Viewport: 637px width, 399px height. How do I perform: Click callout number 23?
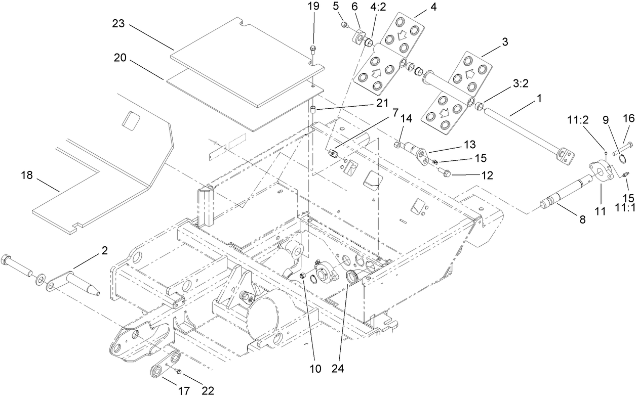click(x=120, y=24)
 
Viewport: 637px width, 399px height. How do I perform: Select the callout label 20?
click(x=120, y=59)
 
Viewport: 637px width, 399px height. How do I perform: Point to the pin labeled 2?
click(x=82, y=284)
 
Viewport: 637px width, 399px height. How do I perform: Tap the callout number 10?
click(x=315, y=369)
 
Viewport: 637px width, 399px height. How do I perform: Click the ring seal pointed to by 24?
click(x=350, y=277)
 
